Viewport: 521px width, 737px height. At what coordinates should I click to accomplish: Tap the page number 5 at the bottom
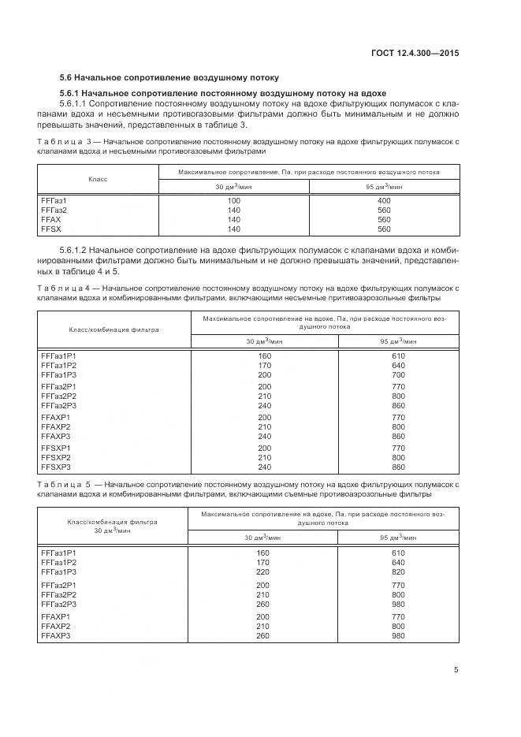456,670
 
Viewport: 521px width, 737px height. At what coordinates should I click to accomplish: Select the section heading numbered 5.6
169,78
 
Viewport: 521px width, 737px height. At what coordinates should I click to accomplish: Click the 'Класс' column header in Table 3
98,179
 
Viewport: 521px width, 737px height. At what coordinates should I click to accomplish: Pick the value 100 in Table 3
233,201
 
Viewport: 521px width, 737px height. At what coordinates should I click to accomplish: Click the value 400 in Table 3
384,201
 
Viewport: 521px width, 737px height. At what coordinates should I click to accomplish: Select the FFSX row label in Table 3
51,229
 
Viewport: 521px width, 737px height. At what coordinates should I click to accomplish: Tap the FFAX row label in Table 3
51,220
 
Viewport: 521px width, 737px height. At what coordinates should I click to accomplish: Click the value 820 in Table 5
397,572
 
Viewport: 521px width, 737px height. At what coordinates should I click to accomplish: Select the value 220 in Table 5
263,572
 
